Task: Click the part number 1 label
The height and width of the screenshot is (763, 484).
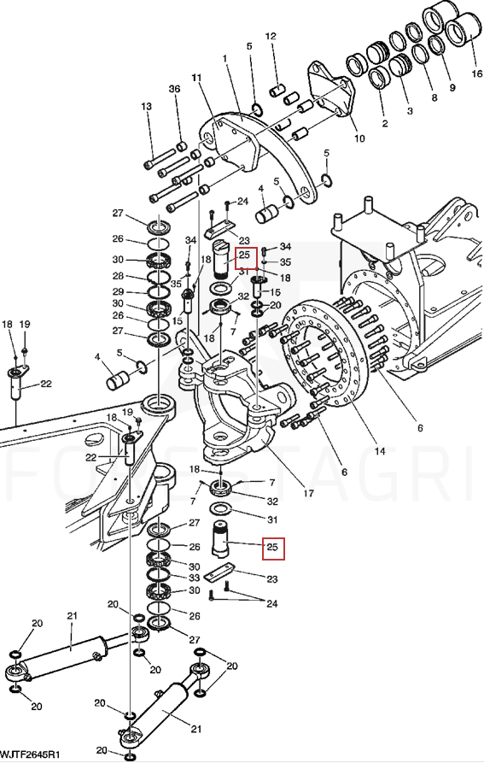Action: click(225, 58)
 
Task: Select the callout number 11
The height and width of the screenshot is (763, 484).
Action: click(196, 78)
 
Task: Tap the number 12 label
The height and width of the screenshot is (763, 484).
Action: click(271, 36)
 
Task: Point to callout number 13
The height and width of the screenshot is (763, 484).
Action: click(146, 107)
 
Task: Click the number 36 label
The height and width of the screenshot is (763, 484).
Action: click(174, 89)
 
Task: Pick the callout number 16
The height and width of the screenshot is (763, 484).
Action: click(476, 73)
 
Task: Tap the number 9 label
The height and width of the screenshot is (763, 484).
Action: click(452, 88)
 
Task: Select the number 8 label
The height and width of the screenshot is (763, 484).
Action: click(434, 97)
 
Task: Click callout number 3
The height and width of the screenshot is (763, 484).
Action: click(410, 111)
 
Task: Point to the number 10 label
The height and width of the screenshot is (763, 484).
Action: click(359, 138)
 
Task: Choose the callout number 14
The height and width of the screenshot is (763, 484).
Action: click(380, 452)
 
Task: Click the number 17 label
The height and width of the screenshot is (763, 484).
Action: click(308, 493)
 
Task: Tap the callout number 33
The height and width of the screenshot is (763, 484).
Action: click(195, 578)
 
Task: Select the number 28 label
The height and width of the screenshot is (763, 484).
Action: click(118, 276)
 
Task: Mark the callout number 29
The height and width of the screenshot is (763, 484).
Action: click(118, 292)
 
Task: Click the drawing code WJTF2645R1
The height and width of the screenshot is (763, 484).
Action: click(30, 754)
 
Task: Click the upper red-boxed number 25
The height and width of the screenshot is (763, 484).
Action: click(244, 255)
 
